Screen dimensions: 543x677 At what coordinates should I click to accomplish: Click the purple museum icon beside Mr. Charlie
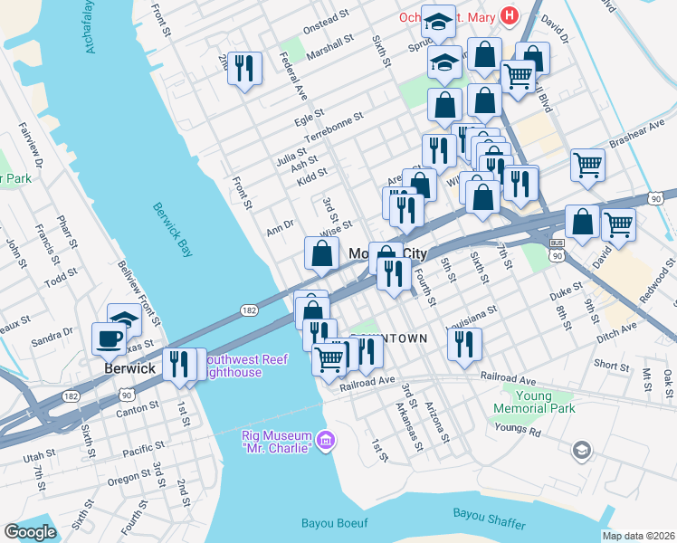coord(326,443)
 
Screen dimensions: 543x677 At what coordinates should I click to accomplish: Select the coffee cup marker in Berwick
coord(109,339)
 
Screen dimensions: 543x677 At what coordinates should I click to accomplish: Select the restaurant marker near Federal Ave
coord(244,69)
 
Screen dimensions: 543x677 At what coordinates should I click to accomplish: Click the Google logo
coord(30,532)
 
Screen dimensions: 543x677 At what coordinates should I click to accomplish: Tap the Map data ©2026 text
coord(638,536)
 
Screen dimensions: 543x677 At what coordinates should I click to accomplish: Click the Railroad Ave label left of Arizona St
coord(367,383)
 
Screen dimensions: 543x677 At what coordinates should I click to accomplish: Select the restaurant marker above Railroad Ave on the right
coord(463,344)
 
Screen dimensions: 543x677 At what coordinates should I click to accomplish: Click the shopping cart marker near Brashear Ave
coord(587,166)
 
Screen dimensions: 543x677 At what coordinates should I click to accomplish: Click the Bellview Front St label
coord(139,293)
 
